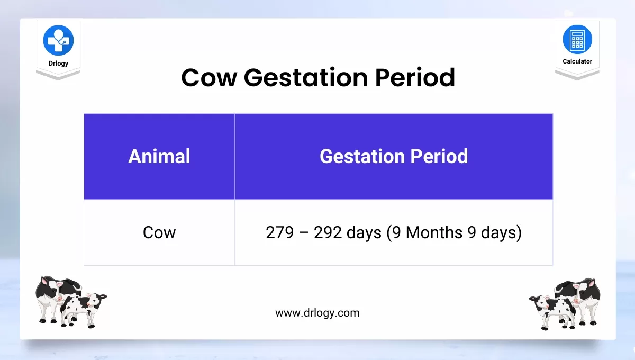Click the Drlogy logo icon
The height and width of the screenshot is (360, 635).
(x=58, y=40)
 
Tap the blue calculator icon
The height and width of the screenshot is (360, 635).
(x=577, y=39)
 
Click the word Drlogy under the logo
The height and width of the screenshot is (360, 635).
(x=58, y=63)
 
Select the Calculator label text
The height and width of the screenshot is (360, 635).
(x=577, y=61)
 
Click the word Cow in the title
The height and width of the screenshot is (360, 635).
(x=209, y=78)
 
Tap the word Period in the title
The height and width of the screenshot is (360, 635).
(x=415, y=77)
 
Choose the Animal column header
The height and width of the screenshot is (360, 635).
(x=159, y=156)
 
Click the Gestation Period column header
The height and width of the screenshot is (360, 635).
(x=394, y=156)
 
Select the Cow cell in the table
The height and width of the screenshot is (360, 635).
(x=159, y=232)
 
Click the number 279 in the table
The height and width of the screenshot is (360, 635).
(x=279, y=232)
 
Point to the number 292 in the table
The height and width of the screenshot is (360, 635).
(x=328, y=232)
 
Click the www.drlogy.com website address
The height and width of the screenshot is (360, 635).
(x=317, y=313)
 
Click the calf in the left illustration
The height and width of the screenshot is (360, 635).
(x=84, y=310)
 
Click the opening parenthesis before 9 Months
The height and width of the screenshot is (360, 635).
(x=389, y=233)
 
